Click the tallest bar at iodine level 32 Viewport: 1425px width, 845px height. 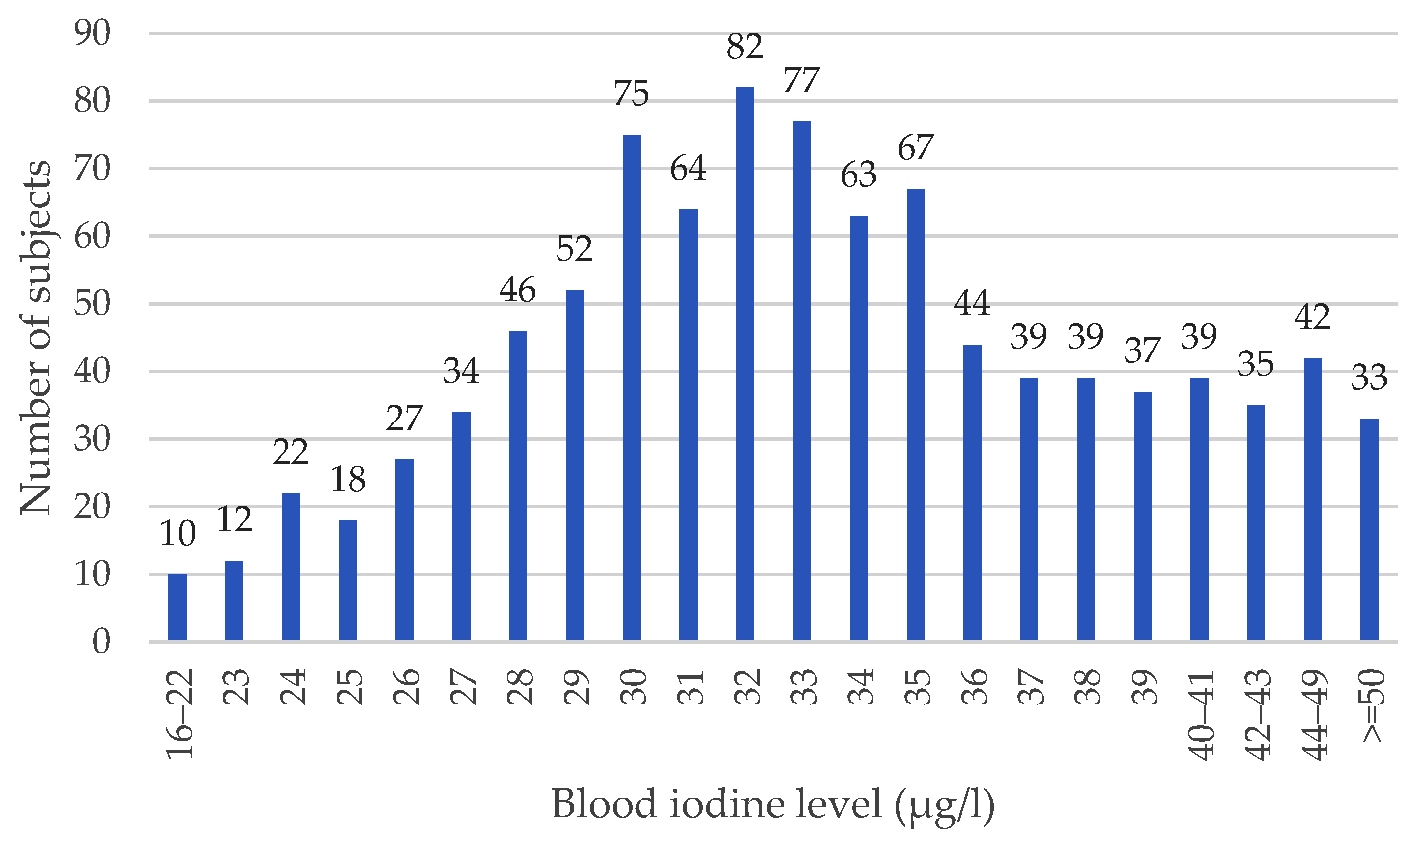(x=745, y=364)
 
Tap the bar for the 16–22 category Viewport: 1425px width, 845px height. (x=177, y=608)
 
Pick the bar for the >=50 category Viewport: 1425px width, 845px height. (x=1369, y=530)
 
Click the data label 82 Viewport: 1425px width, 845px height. (x=745, y=47)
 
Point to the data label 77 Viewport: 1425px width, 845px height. (x=801, y=80)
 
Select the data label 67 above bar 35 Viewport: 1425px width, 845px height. (x=915, y=148)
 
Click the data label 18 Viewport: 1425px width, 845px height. (x=348, y=480)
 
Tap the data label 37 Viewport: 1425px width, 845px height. (x=1142, y=351)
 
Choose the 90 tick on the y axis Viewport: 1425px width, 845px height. (x=92, y=34)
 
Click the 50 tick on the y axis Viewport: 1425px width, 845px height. (x=92, y=304)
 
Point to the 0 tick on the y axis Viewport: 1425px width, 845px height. (x=101, y=642)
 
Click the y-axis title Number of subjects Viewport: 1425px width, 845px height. (x=35, y=337)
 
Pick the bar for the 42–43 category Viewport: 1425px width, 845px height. (x=1256, y=523)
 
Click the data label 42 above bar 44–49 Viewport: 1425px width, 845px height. (x=1312, y=317)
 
